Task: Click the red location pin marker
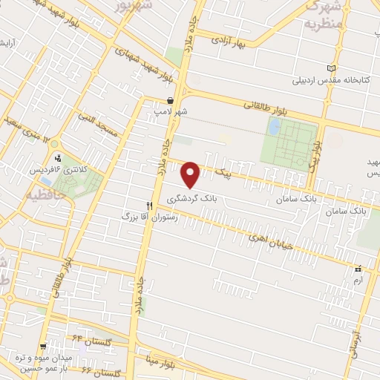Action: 191,174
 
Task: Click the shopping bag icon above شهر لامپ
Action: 171,100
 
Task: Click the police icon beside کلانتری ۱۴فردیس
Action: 57,157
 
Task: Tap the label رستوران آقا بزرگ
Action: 148,216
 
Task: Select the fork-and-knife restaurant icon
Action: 149,205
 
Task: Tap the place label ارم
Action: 358,279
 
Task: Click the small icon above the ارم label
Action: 358,268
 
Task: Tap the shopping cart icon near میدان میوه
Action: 44,345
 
